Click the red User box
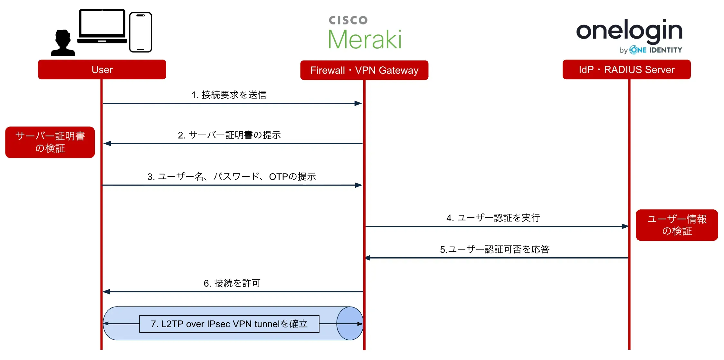pos(102,70)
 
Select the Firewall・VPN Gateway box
pos(364,70)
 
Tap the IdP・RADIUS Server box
pos(626,70)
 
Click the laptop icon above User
pos(102,27)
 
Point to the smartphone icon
pos(140,32)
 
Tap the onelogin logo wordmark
pos(629,31)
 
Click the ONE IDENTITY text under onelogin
pos(656,50)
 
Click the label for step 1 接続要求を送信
pos(229,95)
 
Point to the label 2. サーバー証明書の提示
pos(229,135)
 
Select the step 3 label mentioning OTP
pos(232,176)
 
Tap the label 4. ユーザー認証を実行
pos(493,218)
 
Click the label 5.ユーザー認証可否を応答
pos(495,249)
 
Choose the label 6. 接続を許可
pos(232,283)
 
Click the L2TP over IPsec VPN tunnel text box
pos(229,324)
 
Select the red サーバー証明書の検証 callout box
pos(50,142)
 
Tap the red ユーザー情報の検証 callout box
pos(677,225)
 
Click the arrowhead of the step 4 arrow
pos(625,226)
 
